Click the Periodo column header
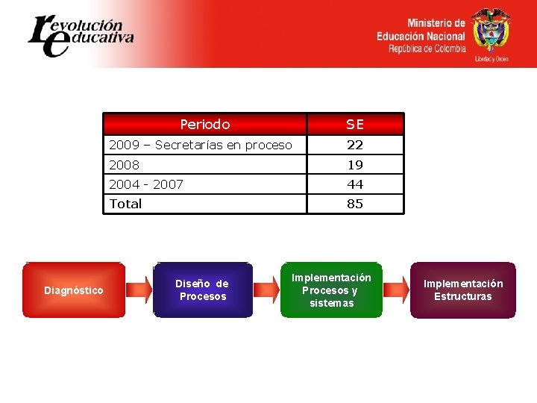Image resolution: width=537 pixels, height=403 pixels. pos(205,124)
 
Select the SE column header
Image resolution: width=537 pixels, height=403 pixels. pos(355,124)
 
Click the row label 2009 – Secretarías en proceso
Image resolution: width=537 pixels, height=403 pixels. pos(201,145)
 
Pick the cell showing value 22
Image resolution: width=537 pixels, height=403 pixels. pos(355,145)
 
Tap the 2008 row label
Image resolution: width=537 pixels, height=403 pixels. pos(125,164)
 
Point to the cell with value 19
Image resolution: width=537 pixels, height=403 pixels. pos(355,164)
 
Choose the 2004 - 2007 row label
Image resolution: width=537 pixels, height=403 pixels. pos(146,184)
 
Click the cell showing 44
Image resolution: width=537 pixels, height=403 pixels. pos(355,184)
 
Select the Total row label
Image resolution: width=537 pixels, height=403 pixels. pos(125,204)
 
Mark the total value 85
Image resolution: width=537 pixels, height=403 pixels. pos(355,204)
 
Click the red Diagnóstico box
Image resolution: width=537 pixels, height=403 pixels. pos(74,290)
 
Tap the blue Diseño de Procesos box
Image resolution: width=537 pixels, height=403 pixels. pos(202,290)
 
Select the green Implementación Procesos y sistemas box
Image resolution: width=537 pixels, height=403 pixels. pos(331,290)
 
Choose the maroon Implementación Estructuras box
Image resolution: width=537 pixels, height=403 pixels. pos(463,290)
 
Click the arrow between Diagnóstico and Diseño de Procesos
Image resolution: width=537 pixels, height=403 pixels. pos(139,290)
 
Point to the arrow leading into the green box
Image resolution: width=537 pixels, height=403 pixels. pos(266,290)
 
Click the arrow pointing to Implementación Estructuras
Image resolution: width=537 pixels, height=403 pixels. pos(396,290)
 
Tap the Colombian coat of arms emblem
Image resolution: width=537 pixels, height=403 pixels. pos(491,31)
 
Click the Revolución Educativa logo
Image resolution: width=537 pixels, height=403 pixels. pos(80,34)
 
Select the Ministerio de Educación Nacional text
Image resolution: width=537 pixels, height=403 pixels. pos(421,36)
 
